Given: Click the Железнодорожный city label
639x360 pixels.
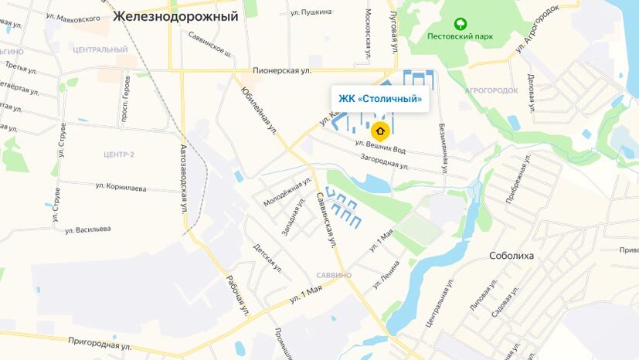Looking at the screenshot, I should click(175, 15).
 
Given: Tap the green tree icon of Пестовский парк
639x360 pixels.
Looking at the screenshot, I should click(461, 24).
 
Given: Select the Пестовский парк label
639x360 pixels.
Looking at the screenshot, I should click(461, 36).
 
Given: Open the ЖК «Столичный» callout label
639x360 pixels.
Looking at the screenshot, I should click(381, 99).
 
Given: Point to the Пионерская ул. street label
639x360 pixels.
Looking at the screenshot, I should click(281, 71).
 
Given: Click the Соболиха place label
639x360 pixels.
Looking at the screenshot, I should click(512, 256).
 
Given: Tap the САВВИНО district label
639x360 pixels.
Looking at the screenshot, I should click(334, 275).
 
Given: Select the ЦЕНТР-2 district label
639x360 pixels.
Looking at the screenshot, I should click(118, 155).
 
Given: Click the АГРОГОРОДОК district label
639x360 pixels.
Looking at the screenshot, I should click(491, 90).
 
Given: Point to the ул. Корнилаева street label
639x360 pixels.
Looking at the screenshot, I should click(121, 185).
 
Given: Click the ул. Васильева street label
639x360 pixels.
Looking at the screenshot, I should click(88, 229).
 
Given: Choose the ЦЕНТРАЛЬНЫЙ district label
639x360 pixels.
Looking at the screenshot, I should click(99, 50).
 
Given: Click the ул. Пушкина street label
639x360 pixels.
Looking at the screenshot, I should click(311, 12).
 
